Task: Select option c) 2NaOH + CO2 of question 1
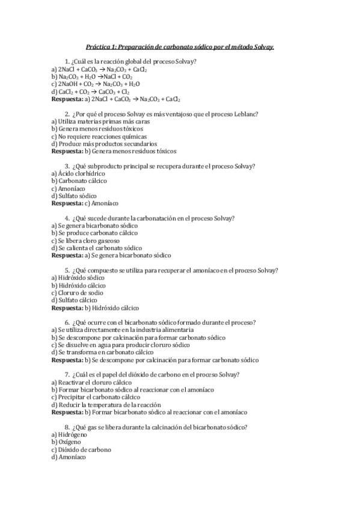[96, 84]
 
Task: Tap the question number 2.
[66, 114]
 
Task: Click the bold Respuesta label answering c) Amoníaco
[67, 203]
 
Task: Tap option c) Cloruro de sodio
[78, 292]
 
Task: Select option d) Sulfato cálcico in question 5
[74, 300]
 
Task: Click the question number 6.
[66, 322]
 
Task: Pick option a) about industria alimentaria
[123, 330]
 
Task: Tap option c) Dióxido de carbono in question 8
[81, 449]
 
